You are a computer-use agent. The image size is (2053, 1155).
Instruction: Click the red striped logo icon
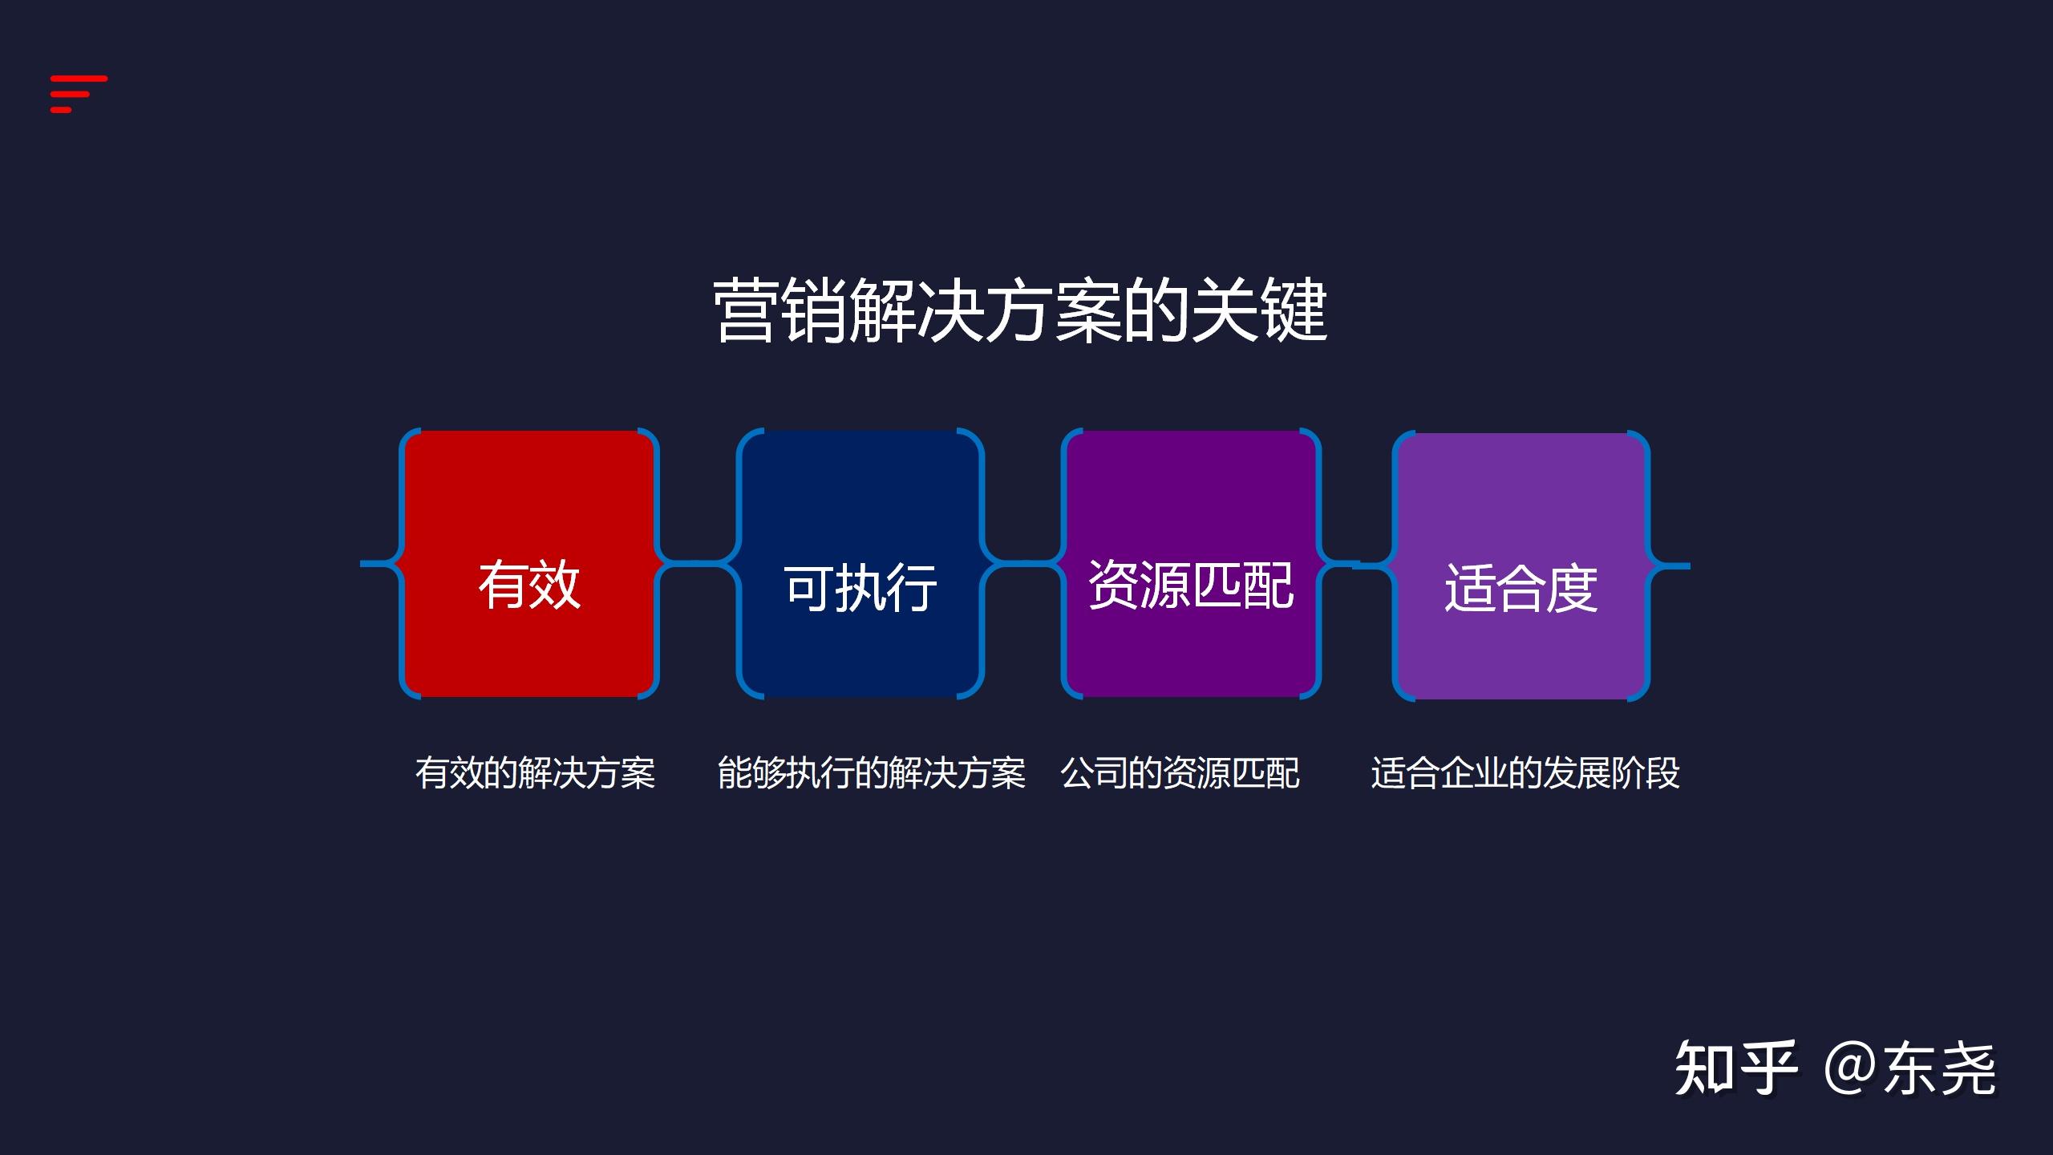coord(78,94)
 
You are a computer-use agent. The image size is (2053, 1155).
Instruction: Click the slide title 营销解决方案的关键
coord(1020,311)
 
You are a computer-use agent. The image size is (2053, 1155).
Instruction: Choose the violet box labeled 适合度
coord(1521,566)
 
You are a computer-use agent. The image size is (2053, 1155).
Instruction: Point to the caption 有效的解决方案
coord(535,773)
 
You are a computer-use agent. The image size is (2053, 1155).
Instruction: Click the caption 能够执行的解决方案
coord(871,773)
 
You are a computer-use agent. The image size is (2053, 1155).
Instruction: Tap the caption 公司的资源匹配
coord(1180,773)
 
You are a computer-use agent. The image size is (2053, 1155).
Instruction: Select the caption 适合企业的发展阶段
coord(1525,773)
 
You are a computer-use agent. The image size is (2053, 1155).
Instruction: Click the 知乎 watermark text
coord(1735,1068)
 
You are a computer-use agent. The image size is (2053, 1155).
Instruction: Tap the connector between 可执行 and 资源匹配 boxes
coord(1023,563)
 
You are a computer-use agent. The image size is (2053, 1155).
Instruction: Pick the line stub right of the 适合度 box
coord(1672,566)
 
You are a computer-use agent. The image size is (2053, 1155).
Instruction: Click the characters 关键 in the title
coord(1259,311)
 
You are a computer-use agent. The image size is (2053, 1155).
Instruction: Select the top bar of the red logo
coord(79,79)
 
